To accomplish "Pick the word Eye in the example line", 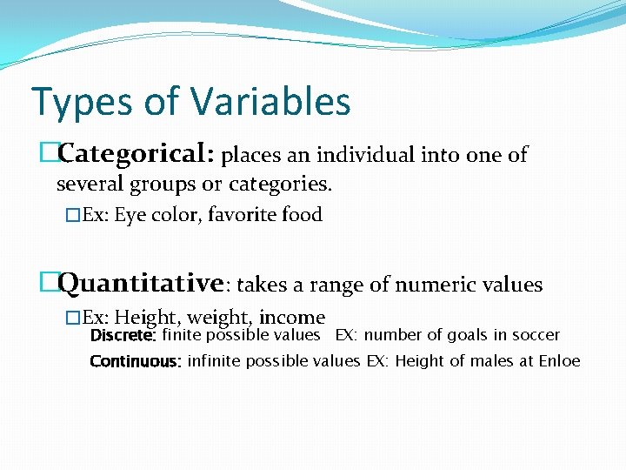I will click(130, 215).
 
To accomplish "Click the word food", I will click(303, 215).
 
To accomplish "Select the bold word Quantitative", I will click(143, 284).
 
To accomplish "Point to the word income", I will click(296, 318).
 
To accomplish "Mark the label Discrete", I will click(123, 335).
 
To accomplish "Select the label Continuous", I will click(135, 361).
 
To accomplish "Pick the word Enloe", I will click(559, 361).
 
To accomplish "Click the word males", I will click(492, 361).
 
